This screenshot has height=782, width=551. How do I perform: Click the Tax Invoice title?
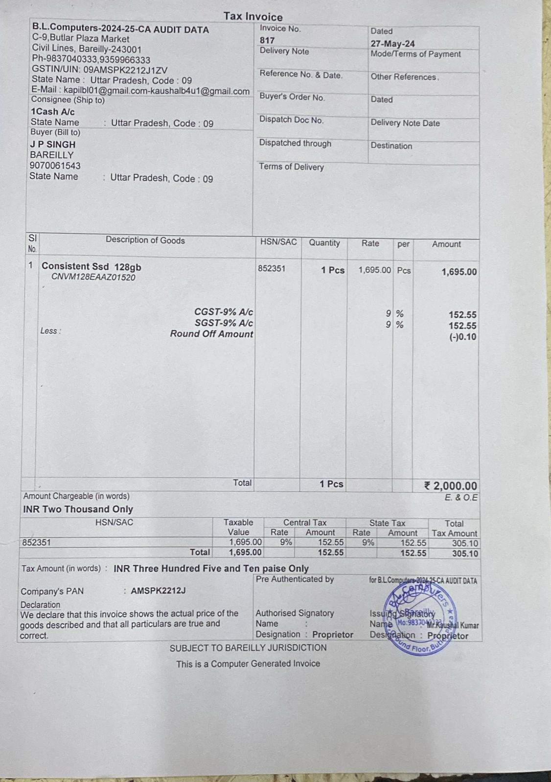[253, 17]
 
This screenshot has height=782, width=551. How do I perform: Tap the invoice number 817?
[267, 40]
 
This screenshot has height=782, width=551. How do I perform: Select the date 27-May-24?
[392, 43]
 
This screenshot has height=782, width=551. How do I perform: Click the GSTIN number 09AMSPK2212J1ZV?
[125, 70]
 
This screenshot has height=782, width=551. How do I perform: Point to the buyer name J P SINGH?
[53, 145]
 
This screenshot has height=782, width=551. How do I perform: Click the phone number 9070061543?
[55, 166]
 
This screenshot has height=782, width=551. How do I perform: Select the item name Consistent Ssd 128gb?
[92, 266]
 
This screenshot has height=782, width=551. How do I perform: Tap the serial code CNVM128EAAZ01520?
[93, 278]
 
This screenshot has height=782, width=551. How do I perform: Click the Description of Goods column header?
[145, 240]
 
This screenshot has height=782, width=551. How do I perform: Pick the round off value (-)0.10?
[462, 337]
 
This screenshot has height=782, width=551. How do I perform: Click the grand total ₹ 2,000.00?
[451, 486]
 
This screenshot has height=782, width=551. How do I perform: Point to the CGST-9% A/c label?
[224, 312]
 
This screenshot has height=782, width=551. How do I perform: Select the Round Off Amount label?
[212, 334]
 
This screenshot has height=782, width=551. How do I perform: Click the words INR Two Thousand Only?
[78, 509]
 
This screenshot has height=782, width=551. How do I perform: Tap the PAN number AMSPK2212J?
[158, 590]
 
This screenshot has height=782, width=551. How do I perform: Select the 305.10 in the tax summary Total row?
[465, 553]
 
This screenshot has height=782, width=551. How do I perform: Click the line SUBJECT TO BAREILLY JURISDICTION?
[248, 648]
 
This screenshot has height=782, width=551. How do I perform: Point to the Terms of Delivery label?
[292, 167]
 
